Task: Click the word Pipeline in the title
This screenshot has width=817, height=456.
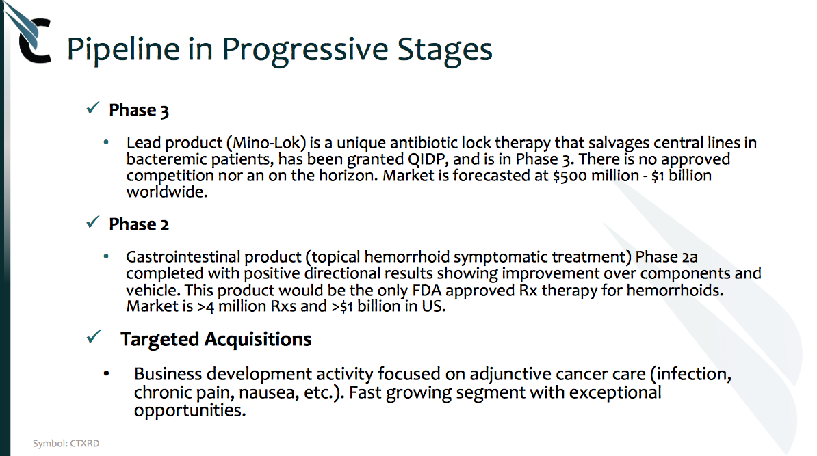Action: (x=124, y=50)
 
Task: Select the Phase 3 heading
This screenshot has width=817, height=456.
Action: (x=139, y=110)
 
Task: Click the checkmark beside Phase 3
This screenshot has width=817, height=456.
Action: (x=93, y=108)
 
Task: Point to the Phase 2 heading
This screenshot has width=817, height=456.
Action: (x=139, y=224)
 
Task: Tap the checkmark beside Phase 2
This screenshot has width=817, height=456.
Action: (x=93, y=222)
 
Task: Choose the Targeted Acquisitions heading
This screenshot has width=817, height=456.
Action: (x=216, y=339)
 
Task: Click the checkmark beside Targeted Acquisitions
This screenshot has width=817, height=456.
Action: (x=93, y=337)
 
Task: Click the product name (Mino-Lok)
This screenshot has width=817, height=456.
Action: (x=265, y=143)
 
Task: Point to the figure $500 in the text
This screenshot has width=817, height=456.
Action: (x=569, y=176)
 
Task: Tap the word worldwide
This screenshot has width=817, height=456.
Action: (x=167, y=192)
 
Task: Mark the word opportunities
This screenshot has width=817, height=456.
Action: (x=190, y=412)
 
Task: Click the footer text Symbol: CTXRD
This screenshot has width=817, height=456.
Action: (x=66, y=444)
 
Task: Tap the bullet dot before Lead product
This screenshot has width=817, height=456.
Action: (x=106, y=142)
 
